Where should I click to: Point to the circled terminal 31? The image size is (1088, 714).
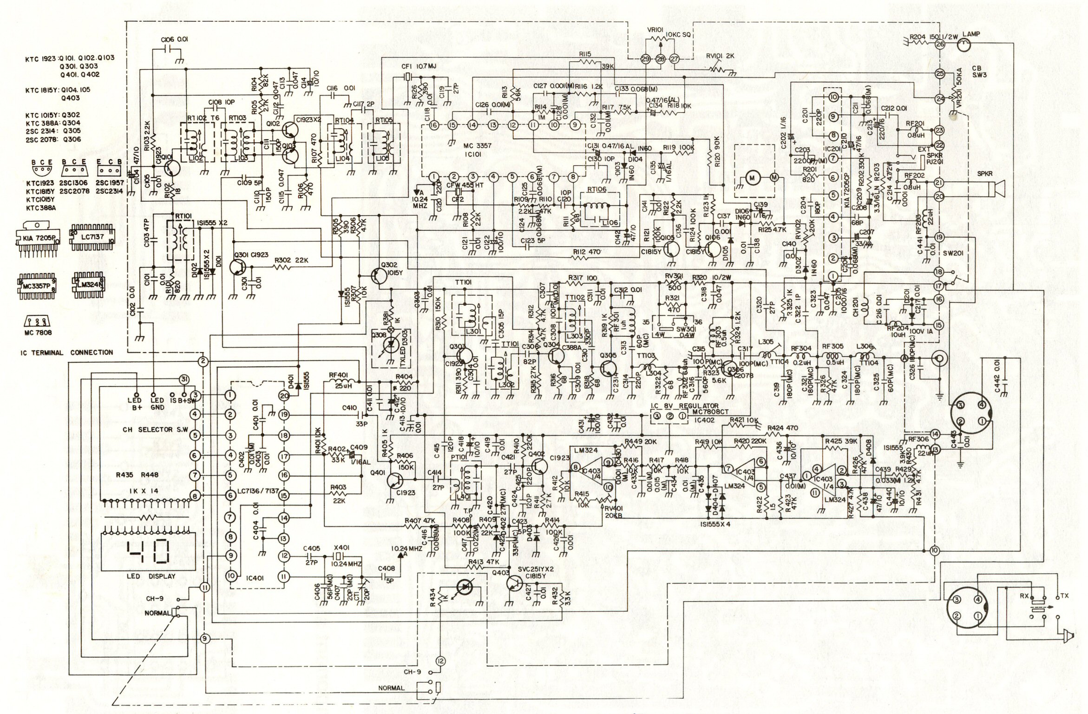pos(184,380)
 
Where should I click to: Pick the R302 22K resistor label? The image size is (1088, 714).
pos(291,261)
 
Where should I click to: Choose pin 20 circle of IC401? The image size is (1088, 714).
pos(284,395)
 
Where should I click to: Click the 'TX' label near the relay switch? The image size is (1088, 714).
pos(1066,596)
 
